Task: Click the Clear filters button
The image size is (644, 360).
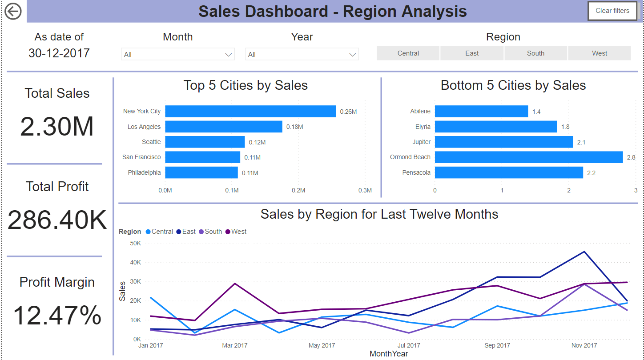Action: pyautogui.click(x=612, y=11)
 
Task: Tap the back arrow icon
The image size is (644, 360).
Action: pyautogui.click(x=13, y=11)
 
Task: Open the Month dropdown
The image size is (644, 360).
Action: pyautogui.click(x=177, y=54)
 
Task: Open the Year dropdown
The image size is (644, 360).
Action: pyautogui.click(x=302, y=54)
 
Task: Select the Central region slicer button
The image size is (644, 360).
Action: pyautogui.click(x=408, y=53)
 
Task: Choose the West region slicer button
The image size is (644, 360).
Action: pyautogui.click(x=599, y=53)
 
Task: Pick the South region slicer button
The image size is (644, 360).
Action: pyautogui.click(x=535, y=53)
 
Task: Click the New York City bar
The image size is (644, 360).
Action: pyautogui.click(x=250, y=112)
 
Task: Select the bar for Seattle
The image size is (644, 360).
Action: pyautogui.click(x=205, y=142)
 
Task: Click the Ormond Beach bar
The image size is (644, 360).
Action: pyautogui.click(x=528, y=157)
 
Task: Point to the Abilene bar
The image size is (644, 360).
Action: pyautogui.click(x=481, y=112)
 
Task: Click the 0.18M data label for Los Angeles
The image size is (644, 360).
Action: pyautogui.click(x=294, y=127)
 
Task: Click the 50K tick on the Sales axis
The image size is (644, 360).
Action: pyautogui.click(x=135, y=243)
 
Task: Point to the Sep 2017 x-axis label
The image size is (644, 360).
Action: pyautogui.click(x=497, y=345)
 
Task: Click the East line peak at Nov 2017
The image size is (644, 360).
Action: pyautogui.click(x=584, y=252)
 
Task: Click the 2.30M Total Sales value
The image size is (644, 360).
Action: pyautogui.click(x=57, y=127)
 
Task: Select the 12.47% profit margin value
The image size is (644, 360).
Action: pyautogui.click(x=57, y=316)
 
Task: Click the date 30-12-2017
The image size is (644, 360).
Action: pyautogui.click(x=59, y=53)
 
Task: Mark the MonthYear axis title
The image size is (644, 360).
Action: pyautogui.click(x=388, y=354)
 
